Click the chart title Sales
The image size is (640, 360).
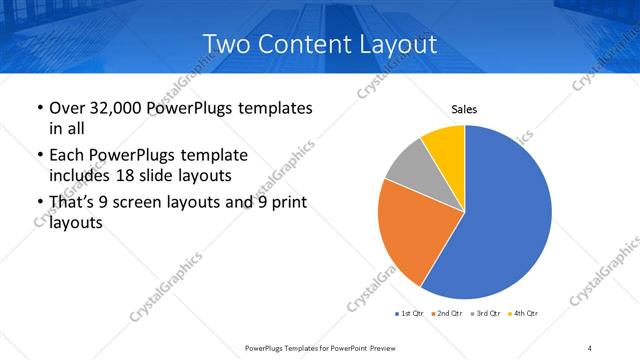pyautogui.click(x=465, y=109)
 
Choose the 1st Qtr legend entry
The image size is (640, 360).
pyautogui.click(x=411, y=314)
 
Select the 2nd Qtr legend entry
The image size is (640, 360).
pyautogui.click(x=447, y=314)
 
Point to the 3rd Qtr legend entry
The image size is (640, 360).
pyautogui.click(x=485, y=314)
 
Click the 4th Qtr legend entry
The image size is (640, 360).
pyautogui.click(x=522, y=314)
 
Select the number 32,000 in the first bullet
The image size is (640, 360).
pyautogui.click(x=114, y=108)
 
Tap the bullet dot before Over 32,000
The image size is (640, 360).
pyautogui.click(x=38, y=108)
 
